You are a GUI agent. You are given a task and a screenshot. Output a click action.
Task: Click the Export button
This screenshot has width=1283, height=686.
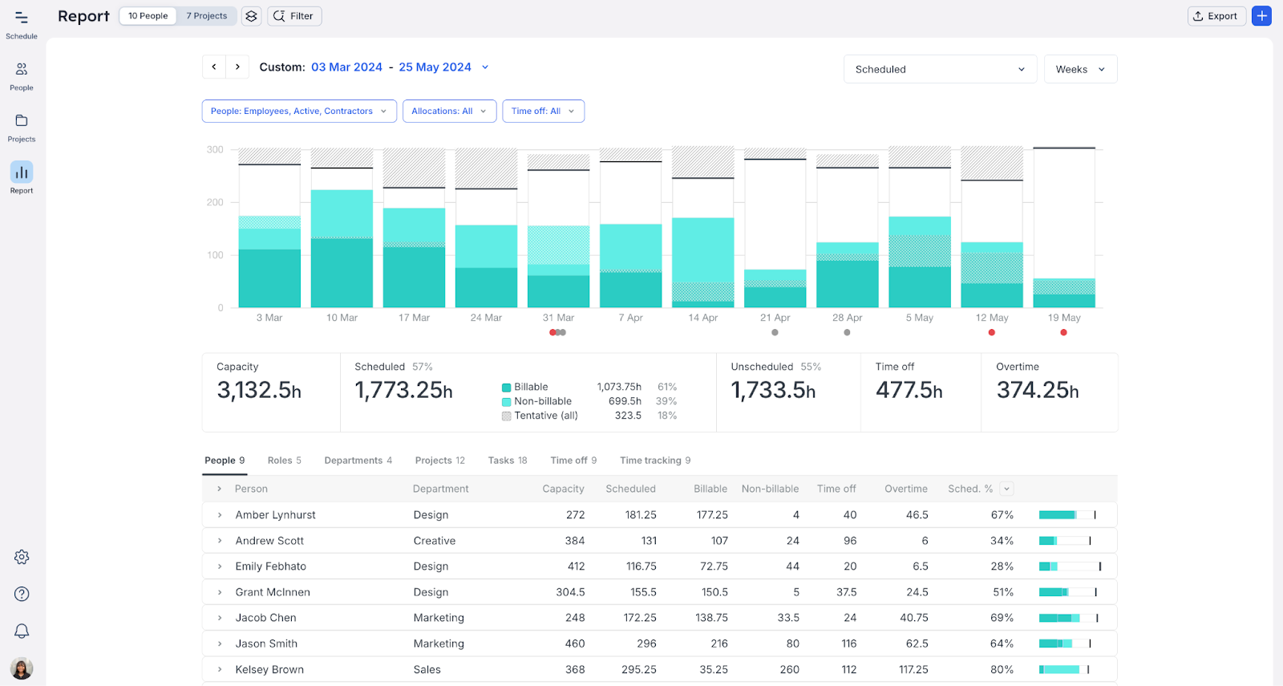click(x=1216, y=16)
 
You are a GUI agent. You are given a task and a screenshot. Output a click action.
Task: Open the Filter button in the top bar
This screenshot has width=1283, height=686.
click(x=294, y=16)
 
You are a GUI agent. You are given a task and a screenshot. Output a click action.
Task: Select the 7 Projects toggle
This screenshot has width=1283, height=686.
click(x=207, y=16)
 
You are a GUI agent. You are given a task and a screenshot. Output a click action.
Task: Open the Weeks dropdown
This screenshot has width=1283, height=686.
click(x=1080, y=70)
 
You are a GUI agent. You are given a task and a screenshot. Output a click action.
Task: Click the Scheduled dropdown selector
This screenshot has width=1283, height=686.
click(x=940, y=70)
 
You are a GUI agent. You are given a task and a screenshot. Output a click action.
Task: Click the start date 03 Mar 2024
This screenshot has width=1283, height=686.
click(x=346, y=67)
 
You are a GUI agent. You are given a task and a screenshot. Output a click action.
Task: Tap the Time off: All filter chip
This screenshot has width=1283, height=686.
click(x=543, y=112)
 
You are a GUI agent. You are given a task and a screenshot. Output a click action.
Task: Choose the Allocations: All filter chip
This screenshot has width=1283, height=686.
click(x=449, y=112)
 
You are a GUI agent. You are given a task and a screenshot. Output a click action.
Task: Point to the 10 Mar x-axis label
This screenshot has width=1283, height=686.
click(x=342, y=318)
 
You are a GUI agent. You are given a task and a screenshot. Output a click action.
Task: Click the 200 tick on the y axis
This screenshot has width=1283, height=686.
click(x=215, y=203)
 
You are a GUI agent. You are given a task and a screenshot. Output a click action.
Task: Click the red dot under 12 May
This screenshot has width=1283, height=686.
click(x=992, y=332)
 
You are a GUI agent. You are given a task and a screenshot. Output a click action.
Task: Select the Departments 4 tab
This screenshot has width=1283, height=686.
click(x=358, y=461)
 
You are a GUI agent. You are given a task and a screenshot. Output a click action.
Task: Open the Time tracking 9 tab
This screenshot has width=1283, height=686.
click(x=654, y=461)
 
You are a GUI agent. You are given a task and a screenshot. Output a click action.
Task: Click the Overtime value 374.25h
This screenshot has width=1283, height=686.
click(x=1037, y=391)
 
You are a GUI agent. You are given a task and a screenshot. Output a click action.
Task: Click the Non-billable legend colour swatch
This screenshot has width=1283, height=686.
click(x=507, y=402)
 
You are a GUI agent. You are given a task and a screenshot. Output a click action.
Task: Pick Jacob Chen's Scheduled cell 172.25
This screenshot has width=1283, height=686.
click(x=640, y=618)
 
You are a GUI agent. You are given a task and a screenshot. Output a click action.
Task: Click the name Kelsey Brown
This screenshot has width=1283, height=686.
click(x=269, y=669)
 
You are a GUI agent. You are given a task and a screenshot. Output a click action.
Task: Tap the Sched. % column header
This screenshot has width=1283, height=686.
click(x=969, y=489)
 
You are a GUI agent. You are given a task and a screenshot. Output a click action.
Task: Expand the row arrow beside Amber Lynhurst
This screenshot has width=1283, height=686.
click(x=220, y=515)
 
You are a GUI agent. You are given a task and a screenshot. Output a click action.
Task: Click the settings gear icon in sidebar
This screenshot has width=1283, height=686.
click(x=22, y=557)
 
